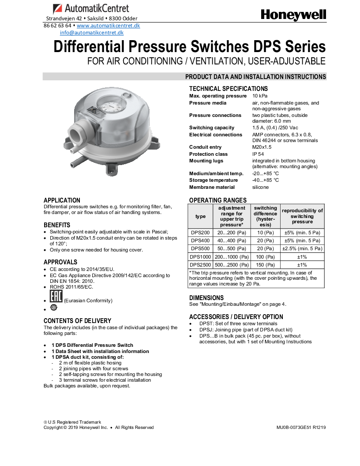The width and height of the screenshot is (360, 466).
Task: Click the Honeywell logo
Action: click(x=293, y=15)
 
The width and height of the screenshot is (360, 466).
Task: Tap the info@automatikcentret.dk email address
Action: click(x=92, y=33)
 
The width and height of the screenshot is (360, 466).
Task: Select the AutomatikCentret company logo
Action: click(x=91, y=8)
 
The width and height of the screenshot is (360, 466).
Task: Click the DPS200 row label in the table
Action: click(x=200, y=233)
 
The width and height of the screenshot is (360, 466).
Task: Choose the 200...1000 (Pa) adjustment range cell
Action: click(x=232, y=257)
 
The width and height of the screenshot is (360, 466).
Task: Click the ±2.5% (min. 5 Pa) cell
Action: click(x=302, y=249)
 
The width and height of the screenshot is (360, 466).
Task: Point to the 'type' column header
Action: click(x=200, y=217)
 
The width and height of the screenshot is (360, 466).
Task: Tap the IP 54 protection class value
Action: click(x=259, y=154)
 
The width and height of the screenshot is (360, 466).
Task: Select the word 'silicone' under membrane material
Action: click(x=260, y=187)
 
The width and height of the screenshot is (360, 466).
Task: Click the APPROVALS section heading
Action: click(x=60, y=262)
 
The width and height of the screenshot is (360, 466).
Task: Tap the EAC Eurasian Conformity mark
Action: click(x=56, y=297)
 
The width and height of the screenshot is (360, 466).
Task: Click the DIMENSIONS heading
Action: click(x=206, y=298)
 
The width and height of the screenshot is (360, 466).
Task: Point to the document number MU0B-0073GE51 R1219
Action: click(x=301, y=427)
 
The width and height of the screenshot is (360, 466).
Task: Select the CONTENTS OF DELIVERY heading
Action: click(x=77, y=321)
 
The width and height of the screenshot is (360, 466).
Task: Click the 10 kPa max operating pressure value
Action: click(x=260, y=96)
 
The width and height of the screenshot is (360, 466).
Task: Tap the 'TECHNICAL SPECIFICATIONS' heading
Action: click(x=229, y=89)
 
